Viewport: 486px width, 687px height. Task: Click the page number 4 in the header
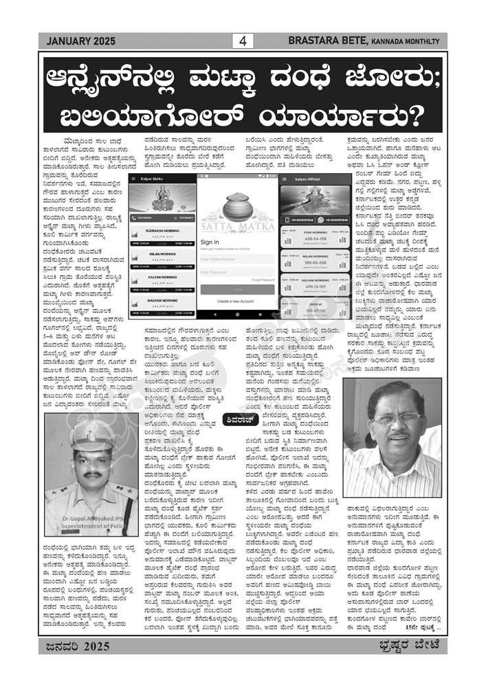[242, 41]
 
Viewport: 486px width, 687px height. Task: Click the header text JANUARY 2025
[76, 41]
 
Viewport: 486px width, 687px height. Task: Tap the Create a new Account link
[237, 302]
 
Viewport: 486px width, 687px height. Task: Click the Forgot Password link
[262, 280]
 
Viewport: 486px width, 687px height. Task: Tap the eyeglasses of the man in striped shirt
[396, 418]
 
